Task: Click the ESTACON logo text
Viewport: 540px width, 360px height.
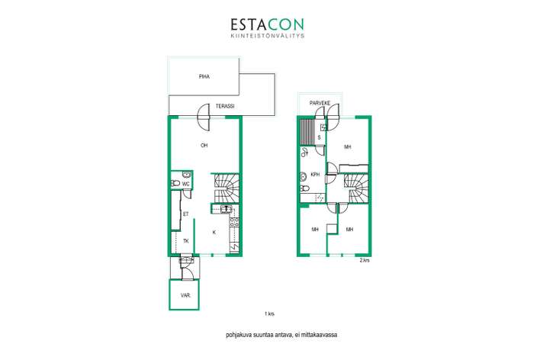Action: (x=267, y=24)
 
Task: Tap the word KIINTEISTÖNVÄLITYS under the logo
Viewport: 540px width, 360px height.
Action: (x=267, y=35)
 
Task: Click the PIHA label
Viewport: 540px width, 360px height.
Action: (x=204, y=76)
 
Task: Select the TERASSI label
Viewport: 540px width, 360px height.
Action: (x=225, y=106)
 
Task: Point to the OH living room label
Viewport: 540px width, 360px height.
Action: (x=204, y=146)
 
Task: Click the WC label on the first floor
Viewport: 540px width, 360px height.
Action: (x=185, y=184)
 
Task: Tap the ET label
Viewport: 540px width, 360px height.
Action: (x=186, y=214)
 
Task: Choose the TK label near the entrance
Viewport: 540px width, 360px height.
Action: (x=186, y=241)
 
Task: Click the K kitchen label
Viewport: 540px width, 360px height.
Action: (x=214, y=233)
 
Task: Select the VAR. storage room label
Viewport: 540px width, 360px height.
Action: (x=185, y=295)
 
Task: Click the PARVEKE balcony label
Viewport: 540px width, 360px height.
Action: (x=320, y=103)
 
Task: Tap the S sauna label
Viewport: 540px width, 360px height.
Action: (x=320, y=137)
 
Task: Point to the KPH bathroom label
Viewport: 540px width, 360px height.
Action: (x=315, y=175)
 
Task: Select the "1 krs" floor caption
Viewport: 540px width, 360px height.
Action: (x=269, y=313)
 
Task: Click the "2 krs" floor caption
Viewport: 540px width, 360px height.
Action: (x=365, y=260)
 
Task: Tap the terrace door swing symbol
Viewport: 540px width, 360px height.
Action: (x=203, y=117)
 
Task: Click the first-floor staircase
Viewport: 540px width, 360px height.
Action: (x=227, y=188)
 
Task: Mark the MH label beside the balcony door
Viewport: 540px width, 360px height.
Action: (x=348, y=146)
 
